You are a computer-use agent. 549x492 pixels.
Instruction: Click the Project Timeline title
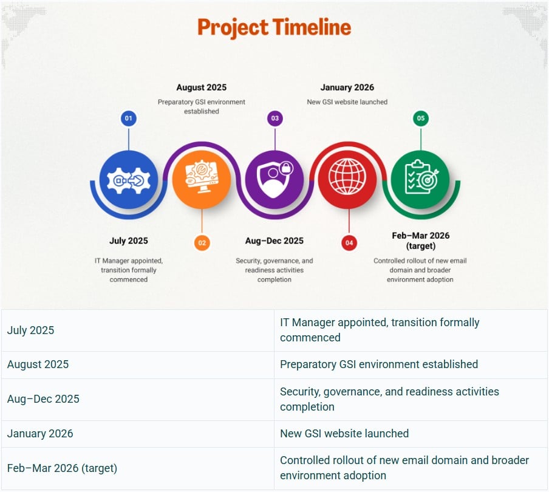[x=274, y=27]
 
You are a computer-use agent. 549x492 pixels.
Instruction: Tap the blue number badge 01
[x=129, y=118]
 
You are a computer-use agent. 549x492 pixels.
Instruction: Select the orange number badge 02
[x=202, y=243]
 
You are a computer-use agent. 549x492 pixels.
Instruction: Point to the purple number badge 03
[x=275, y=118]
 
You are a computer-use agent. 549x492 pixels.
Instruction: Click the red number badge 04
[x=349, y=243]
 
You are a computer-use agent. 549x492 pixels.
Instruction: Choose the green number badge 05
[x=420, y=118]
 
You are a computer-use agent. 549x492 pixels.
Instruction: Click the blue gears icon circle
[x=129, y=180]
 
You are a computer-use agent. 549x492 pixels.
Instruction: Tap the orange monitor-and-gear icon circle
[x=202, y=180]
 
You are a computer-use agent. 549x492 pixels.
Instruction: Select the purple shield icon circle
[x=274, y=180]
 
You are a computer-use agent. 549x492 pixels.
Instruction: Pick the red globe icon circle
[x=347, y=180]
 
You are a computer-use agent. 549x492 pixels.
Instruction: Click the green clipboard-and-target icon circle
[x=420, y=180]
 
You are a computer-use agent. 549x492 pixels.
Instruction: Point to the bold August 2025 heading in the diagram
[x=202, y=87]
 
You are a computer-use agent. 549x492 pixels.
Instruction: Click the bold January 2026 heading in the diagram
[x=347, y=87]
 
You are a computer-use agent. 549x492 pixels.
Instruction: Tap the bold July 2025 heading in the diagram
[x=129, y=241]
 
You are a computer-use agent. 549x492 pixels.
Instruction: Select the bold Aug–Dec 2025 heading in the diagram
[x=274, y=241]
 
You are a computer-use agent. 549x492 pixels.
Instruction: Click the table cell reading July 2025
[x=138, y=330]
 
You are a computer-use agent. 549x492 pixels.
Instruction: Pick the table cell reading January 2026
[x=138, y=434]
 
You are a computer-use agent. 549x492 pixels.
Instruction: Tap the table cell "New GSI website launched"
[x=411, y=434]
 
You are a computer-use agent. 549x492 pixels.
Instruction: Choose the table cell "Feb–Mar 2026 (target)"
[x=138, y=468]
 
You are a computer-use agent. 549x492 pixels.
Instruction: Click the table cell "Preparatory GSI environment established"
[x=411, y=364]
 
